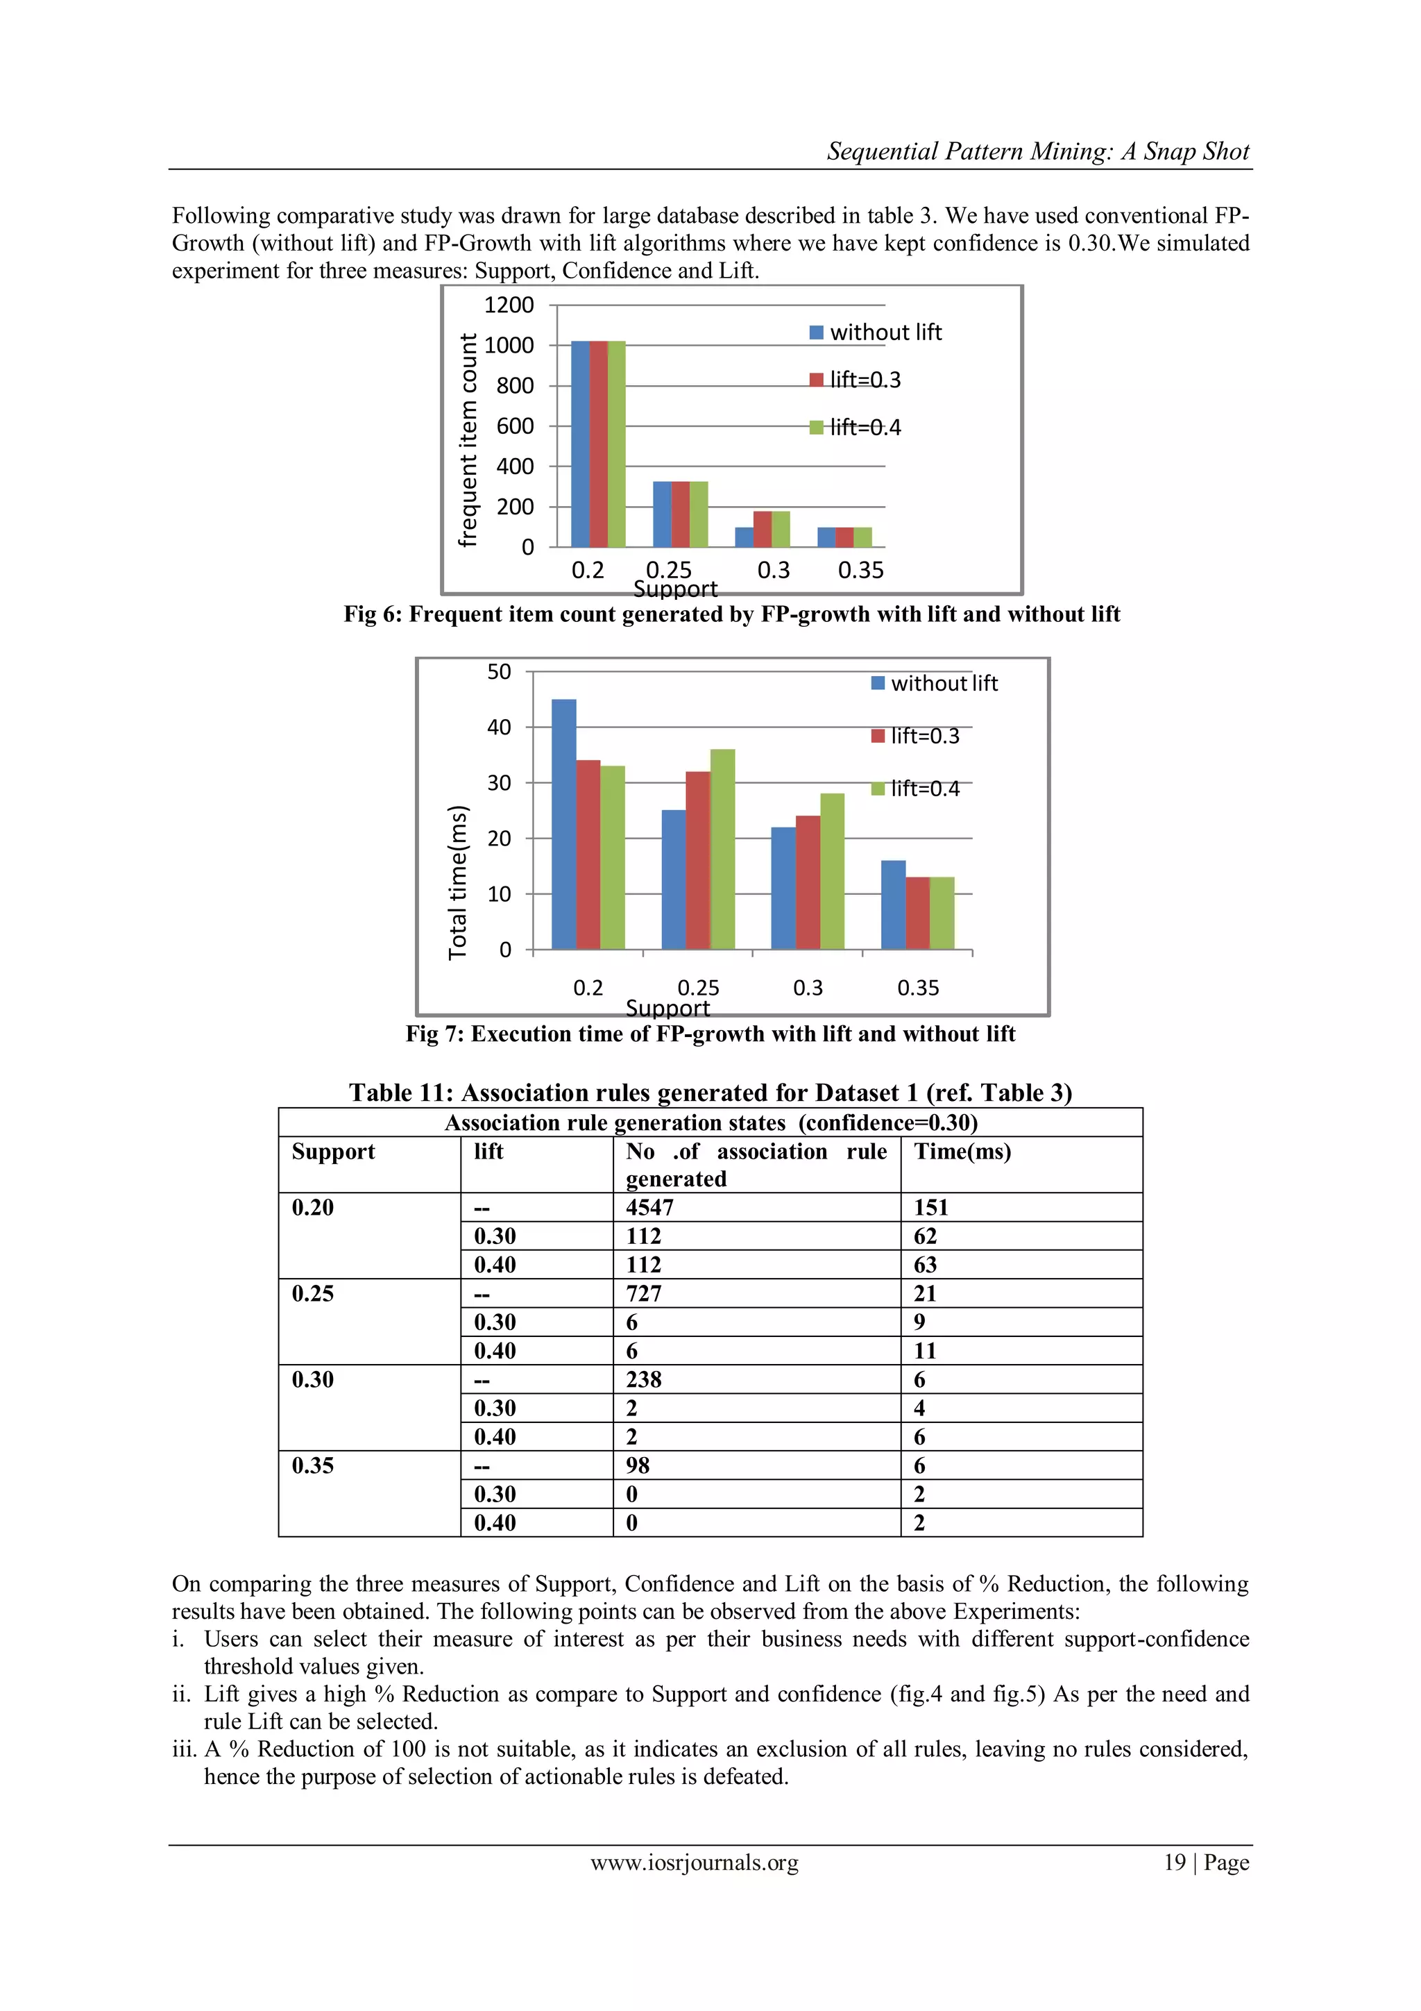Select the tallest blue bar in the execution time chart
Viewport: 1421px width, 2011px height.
[x=564, y=823]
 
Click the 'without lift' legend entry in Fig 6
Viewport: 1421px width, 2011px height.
[x=876, y=333]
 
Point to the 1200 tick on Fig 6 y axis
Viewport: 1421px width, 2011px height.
[x=509, y=305]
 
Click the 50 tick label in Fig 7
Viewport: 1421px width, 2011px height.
[x=499, y=672]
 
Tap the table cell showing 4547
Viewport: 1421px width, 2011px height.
[x=649, y=1207]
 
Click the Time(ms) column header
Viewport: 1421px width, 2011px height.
[x=962, y=1151]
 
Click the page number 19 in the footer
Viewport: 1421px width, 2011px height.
[x=1174, y=1862]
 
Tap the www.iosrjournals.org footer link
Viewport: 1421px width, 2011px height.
[x=695, y=1862]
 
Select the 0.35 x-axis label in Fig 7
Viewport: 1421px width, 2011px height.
[x=917, y=988]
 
